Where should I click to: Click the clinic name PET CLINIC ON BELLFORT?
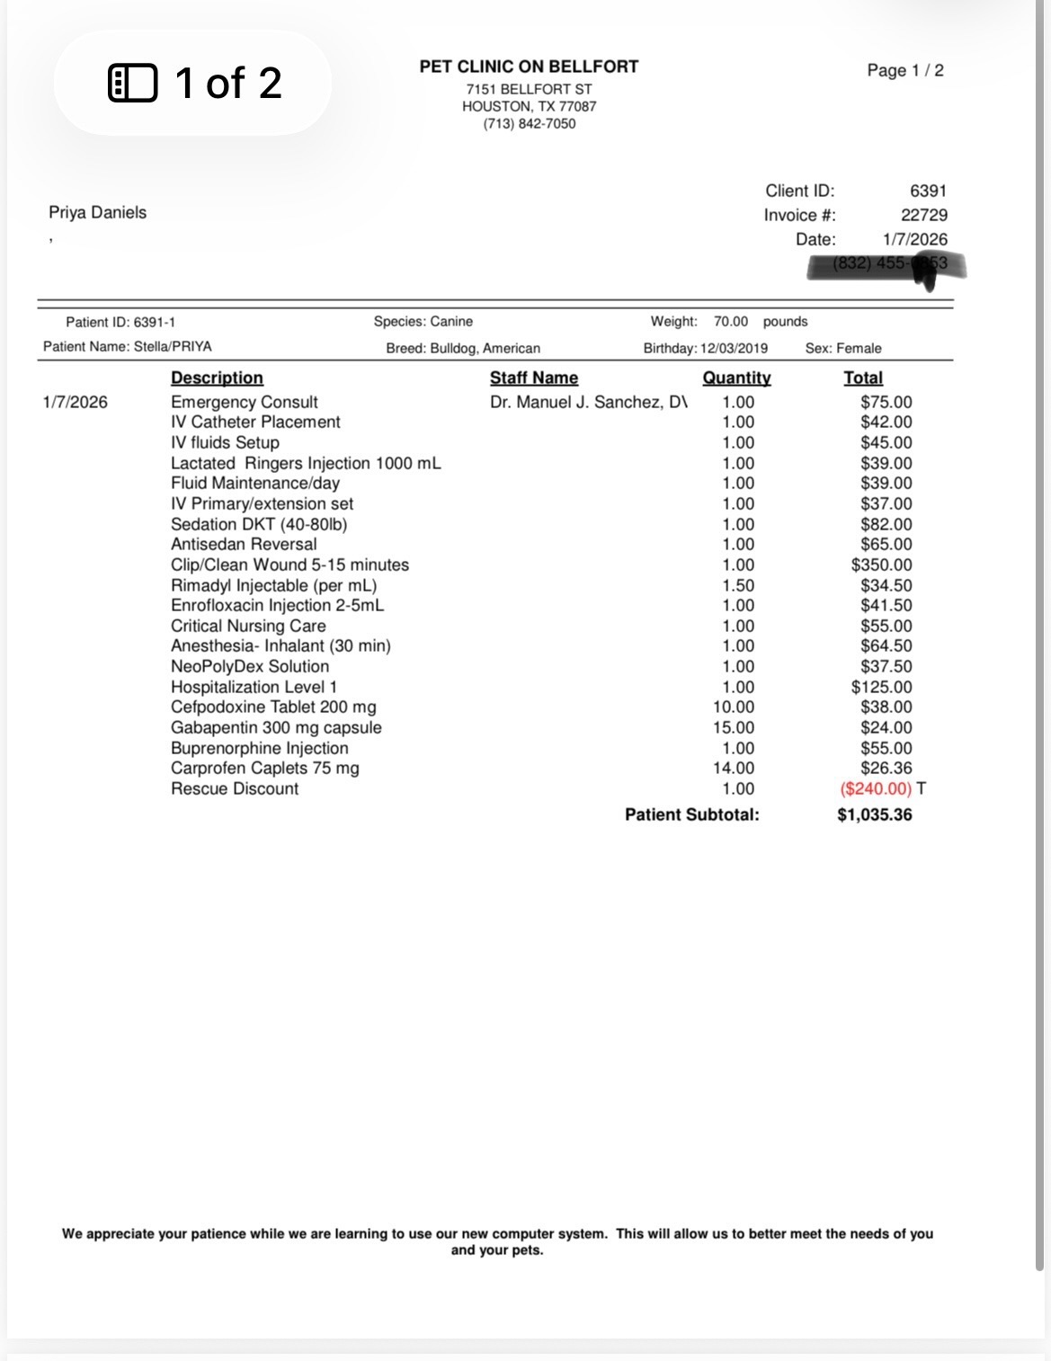(529, 67)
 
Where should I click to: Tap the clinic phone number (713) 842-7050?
(529, 124)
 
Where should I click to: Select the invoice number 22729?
(923, 215)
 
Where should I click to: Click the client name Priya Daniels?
(97, 213)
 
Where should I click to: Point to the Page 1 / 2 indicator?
(904, 71)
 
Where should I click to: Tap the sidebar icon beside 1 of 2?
(132, 83)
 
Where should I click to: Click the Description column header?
(217, 378)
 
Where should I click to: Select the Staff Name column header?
(533, 378)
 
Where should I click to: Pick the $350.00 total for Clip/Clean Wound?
(881, 565)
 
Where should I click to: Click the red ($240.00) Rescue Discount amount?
(875, 789)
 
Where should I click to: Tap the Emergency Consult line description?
(244, 403)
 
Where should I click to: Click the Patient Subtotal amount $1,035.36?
(874, 815)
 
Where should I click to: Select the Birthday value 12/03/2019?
(734, 349)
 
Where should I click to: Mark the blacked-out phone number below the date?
(886, 264)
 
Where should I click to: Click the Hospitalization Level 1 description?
(254, 688)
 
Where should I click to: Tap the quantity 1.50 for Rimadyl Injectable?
(737, 586)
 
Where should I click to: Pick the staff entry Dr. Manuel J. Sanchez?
(588, 403)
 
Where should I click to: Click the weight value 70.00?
(730, 322)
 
